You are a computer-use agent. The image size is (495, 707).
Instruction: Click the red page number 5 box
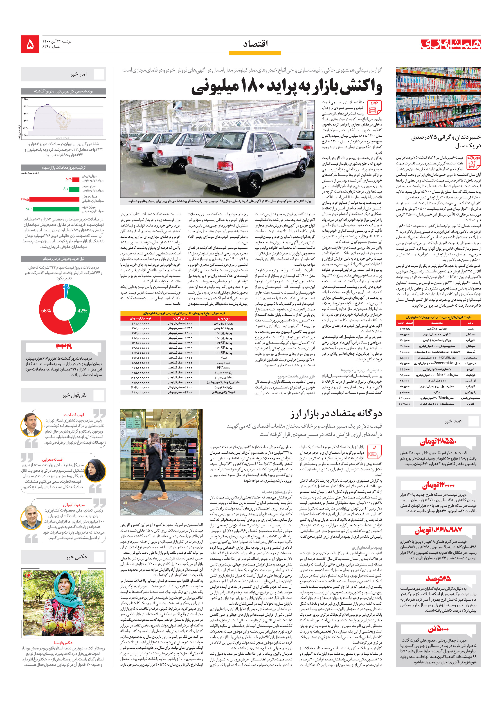(x=30, y=44)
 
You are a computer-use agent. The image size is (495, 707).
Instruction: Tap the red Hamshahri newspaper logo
(x=451, y=44)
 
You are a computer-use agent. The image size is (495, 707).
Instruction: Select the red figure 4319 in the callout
(x=63, y=346)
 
